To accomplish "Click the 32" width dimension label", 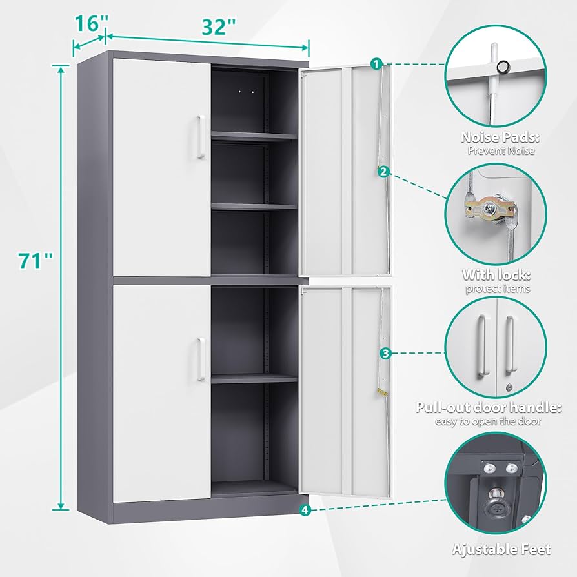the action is [219, 27].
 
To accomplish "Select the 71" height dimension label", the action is [35, 261].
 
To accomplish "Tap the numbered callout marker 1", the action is [376, 64].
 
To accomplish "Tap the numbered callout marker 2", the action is [383, 172].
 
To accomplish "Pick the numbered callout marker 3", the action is [385, 354].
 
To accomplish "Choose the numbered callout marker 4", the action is [305, 510].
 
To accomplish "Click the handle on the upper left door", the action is [201, 137].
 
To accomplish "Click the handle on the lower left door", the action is [201, 359].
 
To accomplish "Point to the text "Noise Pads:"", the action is [500, 137].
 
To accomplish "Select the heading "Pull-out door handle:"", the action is [489, 407].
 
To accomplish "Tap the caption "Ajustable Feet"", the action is [501, 549].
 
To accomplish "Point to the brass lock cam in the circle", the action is [489, 210].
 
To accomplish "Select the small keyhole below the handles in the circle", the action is [509, 387].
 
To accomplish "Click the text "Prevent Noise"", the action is [501, 150].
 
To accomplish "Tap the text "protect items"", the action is [498, 288].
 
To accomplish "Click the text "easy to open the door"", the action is [488, 421].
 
